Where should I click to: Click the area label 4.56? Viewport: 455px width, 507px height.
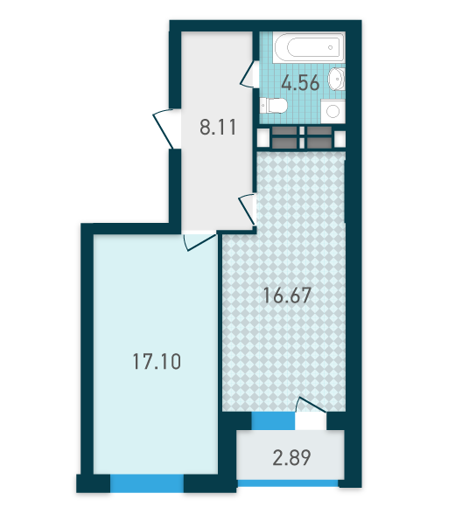point(300,83)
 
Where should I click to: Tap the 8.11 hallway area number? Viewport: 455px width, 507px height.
point(218,127)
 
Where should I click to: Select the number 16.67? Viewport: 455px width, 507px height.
point(287,295)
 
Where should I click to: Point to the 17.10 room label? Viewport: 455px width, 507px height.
point(157,361)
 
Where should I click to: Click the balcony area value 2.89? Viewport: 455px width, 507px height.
point(291,457)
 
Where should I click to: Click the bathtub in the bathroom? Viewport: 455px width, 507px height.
point(308,47)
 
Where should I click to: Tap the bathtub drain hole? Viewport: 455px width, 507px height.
point(331,47)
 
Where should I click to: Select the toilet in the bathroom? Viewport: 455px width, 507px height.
point(274,106)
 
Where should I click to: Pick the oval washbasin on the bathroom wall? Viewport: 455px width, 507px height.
point(337,79)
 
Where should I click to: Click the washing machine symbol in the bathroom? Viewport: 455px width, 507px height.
point(332,112)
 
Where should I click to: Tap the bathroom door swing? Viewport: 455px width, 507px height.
point(249,74)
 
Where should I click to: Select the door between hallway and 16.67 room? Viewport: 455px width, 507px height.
point(248,209)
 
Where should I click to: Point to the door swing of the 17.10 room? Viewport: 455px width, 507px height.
point(199,241)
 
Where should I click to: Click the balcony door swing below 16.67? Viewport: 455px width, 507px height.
point(311,405)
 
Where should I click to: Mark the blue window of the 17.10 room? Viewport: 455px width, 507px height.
point(147,483)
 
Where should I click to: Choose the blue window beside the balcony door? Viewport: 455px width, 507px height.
point(274,421)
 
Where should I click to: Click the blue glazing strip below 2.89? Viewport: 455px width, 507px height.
point(288,483)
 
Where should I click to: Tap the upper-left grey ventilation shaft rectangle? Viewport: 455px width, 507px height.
point(284,130)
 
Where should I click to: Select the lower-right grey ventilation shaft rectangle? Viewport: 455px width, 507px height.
point(319,142)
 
